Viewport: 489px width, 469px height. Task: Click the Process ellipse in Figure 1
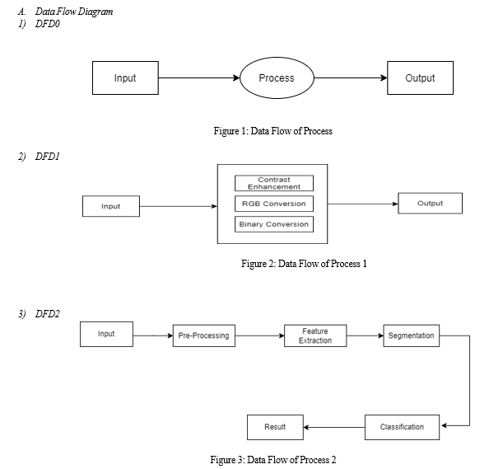point(277,77)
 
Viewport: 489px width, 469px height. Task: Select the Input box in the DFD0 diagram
point(125,77)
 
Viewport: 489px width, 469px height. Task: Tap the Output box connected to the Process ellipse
point(420,77)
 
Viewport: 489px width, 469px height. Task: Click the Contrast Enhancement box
point(274,183)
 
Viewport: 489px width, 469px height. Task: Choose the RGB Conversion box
point(274,204)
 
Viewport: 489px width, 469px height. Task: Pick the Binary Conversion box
point(274,224)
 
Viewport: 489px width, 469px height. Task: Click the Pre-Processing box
point(204,335)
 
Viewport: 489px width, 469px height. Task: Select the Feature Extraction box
point(315,335)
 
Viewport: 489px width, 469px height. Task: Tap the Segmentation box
point(412,335)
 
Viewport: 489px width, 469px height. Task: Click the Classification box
point(402,427)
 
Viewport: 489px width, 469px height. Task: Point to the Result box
point(275,427)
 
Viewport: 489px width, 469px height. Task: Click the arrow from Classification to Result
point(334,427)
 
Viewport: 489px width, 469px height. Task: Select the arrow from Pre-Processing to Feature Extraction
point(260,335)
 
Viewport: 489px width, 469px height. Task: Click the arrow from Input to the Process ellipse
point(199,77)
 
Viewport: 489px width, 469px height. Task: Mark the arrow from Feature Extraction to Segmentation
point(365,335)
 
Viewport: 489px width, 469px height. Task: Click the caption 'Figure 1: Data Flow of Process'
point(272,131)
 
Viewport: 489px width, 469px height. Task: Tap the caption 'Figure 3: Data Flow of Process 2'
point(273,460)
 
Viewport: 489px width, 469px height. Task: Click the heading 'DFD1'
point(48,156)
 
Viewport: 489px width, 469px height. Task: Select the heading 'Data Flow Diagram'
point(74,12)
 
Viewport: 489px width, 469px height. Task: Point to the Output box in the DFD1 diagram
point(430,204)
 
